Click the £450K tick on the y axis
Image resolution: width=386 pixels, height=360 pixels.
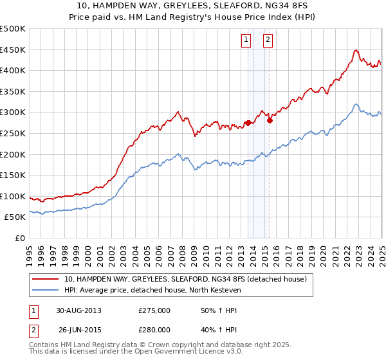pyautogui.click(x=13, y=50)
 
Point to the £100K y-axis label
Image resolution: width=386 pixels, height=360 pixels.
pyautogui.click(x=13, y=196)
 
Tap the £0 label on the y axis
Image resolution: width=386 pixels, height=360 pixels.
pyautogui.click(x=19, y=238)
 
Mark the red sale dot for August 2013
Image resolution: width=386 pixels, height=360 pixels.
pyautogui.click(x=248, y=123)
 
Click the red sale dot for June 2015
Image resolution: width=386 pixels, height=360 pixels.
pyautogui.click(x=270, y=120)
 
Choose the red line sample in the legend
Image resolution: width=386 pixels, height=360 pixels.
pyautogui.click(x=46, y=279)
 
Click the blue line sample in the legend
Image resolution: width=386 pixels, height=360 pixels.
pyautogui.click(x=46, y=289)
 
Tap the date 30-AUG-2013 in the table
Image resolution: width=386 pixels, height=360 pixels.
pyautogui.click(x=80, y=310)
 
